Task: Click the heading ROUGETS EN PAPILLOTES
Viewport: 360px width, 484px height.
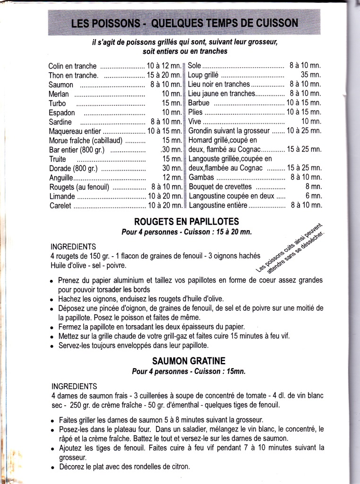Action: (187, 221)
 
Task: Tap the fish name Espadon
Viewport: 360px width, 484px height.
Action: (62, 113)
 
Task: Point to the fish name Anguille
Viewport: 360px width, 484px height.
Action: (61, 178)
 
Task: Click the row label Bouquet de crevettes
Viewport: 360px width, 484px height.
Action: (220, 187)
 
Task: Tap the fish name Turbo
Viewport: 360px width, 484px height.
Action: (57, 104)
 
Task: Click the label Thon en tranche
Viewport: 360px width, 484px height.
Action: (73, 76)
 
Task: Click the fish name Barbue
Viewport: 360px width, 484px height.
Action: (198, 103)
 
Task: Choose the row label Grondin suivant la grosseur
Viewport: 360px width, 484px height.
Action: (229, 131)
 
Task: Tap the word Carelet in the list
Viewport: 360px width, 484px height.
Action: (60, 206)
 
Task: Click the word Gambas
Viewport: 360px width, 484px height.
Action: (201, 178)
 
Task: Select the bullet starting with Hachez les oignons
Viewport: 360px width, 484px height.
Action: (135, 299)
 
